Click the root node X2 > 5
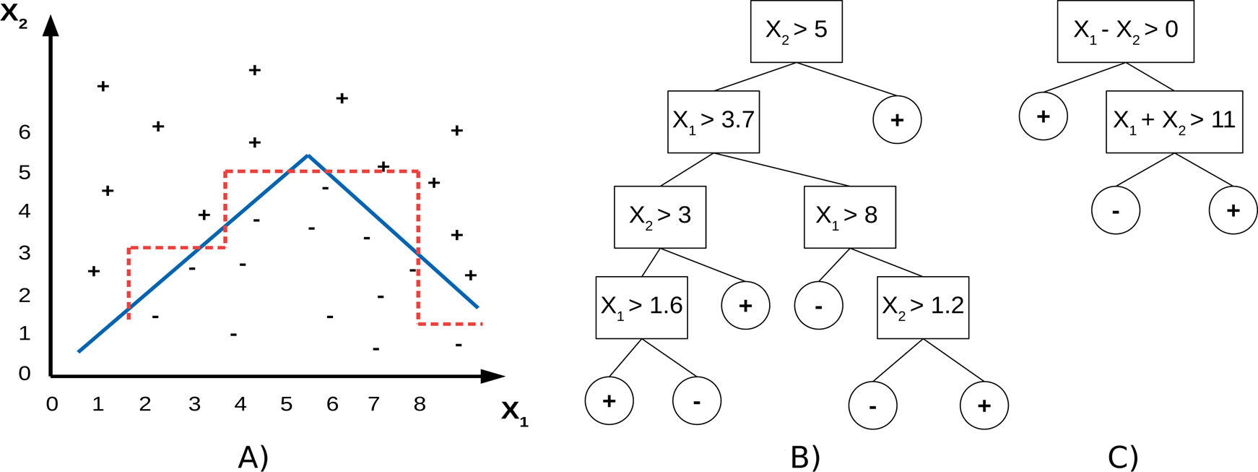(x=796, y=31)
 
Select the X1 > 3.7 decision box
(x=713, y=121)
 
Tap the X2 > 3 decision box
(x=659, y=217)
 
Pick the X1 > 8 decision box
(x=849, y=217)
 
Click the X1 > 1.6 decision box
(x=641, y=307)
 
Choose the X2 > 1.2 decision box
(x=922, y=307)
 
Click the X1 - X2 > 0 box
(x=1125, y=31)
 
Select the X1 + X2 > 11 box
(x=1174, y=121)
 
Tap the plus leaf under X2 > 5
(x=897, y=120)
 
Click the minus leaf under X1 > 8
(x=818, y=306)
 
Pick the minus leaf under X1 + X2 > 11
(x=1116, y=211)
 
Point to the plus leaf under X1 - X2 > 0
(x=1043, y=116)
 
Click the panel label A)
(x=253, y=457)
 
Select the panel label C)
(x=1123, y=457)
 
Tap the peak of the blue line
(x=308, y=155)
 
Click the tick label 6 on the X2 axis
(x=25, y=132)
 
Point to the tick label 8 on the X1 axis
(x=420, y=404)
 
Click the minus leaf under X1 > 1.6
(x=696, y=400)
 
